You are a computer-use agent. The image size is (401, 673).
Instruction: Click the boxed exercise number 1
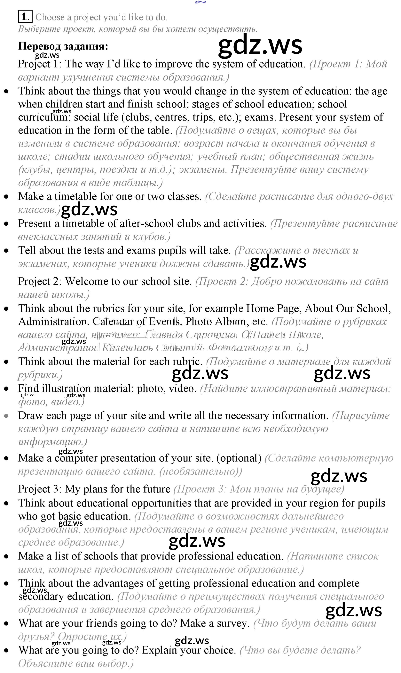coord(25,17)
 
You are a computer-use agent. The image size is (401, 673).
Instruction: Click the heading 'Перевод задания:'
coord(63,46)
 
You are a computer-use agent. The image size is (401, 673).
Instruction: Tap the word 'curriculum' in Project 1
coord(43,117)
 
